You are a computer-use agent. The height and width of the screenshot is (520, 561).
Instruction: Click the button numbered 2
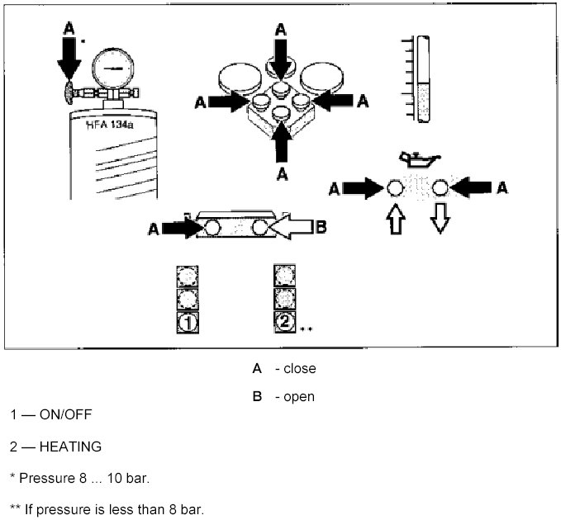[x=284, y=322]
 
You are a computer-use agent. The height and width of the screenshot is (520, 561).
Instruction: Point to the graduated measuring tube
[x=424, y=78]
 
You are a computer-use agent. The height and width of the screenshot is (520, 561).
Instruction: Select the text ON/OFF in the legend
[x=65, y=415]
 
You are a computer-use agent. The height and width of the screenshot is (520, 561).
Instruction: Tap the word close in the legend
[x=299, y=368]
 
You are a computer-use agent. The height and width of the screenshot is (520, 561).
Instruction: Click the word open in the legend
[x=299, y=396]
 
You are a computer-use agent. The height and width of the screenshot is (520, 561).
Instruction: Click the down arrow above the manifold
[x=282, y=53]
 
